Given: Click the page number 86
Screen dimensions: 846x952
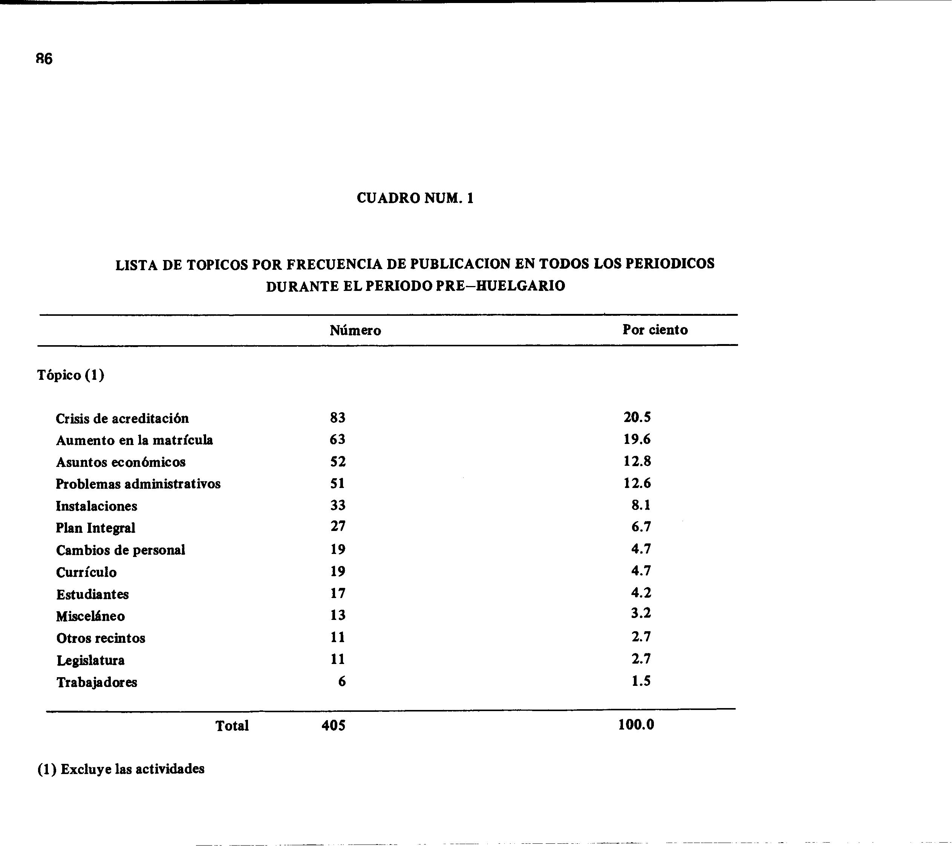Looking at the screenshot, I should coord(44,59).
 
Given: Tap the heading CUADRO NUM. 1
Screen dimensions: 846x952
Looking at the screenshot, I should coord(415,198).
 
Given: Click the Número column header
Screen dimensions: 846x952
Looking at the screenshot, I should coord(355,330).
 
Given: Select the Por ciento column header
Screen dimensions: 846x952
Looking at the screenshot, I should coord(655,330).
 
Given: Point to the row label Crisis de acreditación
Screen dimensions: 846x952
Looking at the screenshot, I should coord(122,419).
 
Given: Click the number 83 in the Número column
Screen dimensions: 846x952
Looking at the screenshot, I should coord(338,418).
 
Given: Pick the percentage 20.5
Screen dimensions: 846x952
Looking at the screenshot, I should coord(637,417).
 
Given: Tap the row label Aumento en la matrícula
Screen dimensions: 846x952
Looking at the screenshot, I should coord(134,441).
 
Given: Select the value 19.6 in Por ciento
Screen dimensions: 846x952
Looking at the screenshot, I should coord(637,439).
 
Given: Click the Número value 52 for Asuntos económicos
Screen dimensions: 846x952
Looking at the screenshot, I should coord(338,461).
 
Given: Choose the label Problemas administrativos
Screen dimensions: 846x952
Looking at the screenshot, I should coord(138,484).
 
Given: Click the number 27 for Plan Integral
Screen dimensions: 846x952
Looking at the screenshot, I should coord(338,526).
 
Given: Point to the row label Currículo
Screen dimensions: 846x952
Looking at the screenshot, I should coord(86,572).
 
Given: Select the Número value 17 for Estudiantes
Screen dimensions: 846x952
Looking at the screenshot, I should coord(338,593).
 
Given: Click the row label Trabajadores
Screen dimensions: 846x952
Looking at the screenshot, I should coord(97,682).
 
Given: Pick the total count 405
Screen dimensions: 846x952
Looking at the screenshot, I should coord(334,725).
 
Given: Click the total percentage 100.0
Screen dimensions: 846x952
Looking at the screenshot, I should coord(636,725).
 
